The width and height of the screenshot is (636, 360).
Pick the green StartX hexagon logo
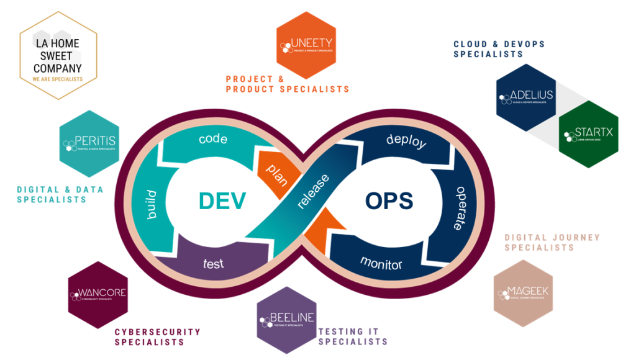tap(589, 134)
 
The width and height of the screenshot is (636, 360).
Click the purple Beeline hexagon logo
tap(286, 319)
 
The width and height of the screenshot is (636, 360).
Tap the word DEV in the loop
tap(222, 200)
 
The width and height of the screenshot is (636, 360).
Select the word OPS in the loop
tap(389, 200)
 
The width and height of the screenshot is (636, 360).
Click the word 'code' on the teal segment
tap(212, 138)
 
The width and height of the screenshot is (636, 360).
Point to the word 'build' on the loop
tap(151, 205)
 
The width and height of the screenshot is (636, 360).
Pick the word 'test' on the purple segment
tap(213, 263)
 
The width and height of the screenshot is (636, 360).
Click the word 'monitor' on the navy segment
tap(381, 263)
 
